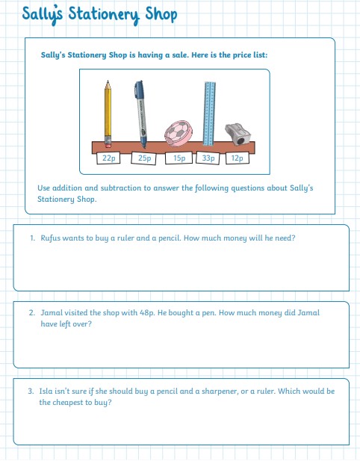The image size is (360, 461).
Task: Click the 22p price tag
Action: (x=108, y=158)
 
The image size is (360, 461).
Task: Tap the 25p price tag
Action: (x=144, y=158)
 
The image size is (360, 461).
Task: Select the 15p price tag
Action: (x=179, y=158)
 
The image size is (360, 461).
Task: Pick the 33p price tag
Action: (x=208, y=158)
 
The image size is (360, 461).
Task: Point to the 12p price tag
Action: (x=238, y=158)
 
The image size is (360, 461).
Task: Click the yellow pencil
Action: (x=108, y=114)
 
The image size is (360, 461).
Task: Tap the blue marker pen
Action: (x=140, y=114)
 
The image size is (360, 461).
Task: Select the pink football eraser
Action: (x=179, y=134)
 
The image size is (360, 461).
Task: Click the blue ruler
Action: (x=209, y=114)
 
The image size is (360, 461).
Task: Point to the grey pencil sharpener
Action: (x=238, y=134)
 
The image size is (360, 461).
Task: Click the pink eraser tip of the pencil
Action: (x=108, y=144)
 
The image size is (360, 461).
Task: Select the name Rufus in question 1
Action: (x=50, y=238)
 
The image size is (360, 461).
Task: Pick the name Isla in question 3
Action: (x=46, y=391)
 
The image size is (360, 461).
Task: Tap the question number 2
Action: (x=31, y=313)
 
